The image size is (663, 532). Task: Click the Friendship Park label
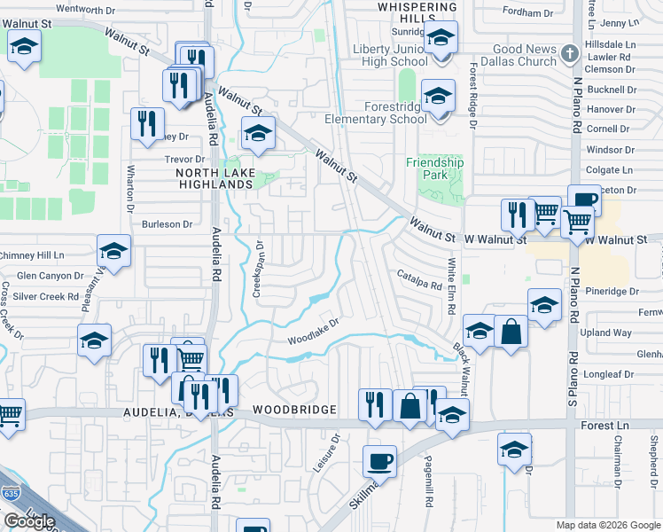tap(434, 168)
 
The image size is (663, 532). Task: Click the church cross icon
tap(570, 55)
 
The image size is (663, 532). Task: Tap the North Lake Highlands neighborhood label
tap(215, 178)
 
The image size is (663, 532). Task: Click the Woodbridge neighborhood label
tap(294, 410)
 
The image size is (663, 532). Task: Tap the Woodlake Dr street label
tap(313, 332)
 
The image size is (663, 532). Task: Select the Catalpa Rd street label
tap(418, 280)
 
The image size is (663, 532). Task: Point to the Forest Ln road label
tap(611, 426)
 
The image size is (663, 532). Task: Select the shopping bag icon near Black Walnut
tap(511, 332)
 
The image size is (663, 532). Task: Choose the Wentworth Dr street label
tap(86, 9)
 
